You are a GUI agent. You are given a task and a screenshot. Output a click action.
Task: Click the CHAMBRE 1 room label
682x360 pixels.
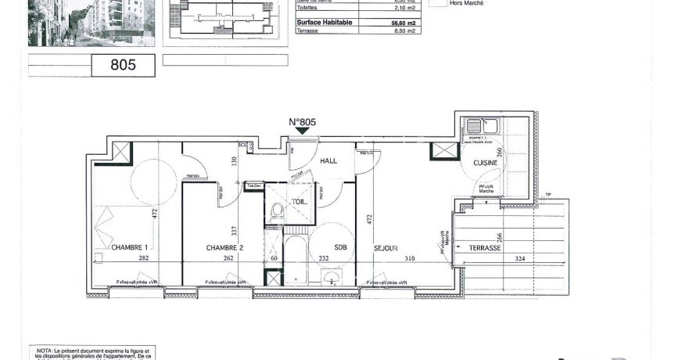tap(129, 248)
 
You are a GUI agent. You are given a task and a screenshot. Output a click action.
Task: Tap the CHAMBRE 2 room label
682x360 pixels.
tap(224, 248)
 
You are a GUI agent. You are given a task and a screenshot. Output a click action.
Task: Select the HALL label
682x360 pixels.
tap(329, 160)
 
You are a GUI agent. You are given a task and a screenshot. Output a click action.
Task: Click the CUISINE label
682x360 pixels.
tap(486, 163)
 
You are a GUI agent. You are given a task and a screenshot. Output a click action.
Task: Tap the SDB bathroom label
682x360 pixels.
tap(339, 248)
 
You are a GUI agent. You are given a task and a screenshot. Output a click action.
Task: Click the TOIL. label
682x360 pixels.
tap(300, 201)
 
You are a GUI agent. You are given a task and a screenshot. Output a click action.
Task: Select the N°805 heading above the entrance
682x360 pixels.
tap(302, 122)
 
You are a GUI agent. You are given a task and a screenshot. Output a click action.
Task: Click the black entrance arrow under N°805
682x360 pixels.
tap(302, 132)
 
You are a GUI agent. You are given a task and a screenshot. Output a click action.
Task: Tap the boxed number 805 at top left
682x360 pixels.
tap(124, 66)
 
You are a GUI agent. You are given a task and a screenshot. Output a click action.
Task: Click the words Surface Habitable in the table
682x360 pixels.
tap(325, 23)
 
